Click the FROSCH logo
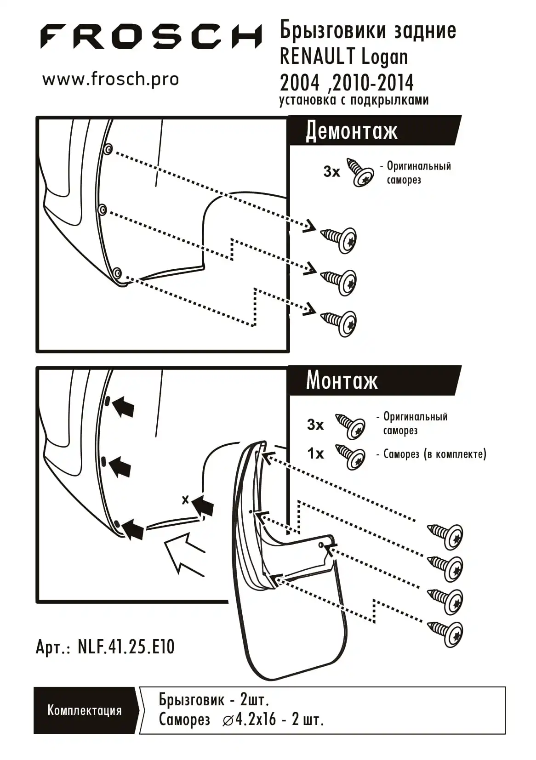[x=151, y=36]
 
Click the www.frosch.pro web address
[x=110, y=79]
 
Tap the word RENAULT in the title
[x=317, y=57]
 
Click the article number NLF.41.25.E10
[x=126, y=647]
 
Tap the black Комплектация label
[x=85, y=710]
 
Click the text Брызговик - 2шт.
[x=214, y=700]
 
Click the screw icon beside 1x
[x=351, y=456]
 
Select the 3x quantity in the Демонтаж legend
[x=331, y=171]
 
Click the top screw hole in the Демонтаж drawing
[x=108, y=149]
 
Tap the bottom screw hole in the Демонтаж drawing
[x=117, y=274]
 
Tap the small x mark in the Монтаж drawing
[x=185, y=499]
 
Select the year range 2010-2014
[x=372, y=83]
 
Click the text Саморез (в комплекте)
[x=434, y=454]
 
